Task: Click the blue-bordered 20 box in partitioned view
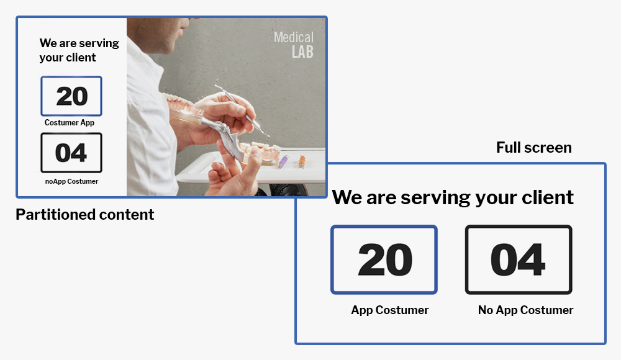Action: [71, 96]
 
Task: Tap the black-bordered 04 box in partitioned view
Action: [71, 153]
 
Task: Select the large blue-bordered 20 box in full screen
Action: [384, 260]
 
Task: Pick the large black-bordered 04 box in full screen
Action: [519, 260]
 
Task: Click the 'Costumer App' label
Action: [70, 123]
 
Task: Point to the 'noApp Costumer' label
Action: [71, 181]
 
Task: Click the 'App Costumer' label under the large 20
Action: [390, 310]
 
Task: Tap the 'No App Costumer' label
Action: [525, 310]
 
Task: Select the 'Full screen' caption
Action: [534, 148]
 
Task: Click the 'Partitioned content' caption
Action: [84, 215]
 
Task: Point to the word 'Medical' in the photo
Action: [294, 38]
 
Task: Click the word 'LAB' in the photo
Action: [302, 52]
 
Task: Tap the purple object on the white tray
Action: [283, 161]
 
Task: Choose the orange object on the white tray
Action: [302, 161]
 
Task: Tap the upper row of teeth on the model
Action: [178, 100]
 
